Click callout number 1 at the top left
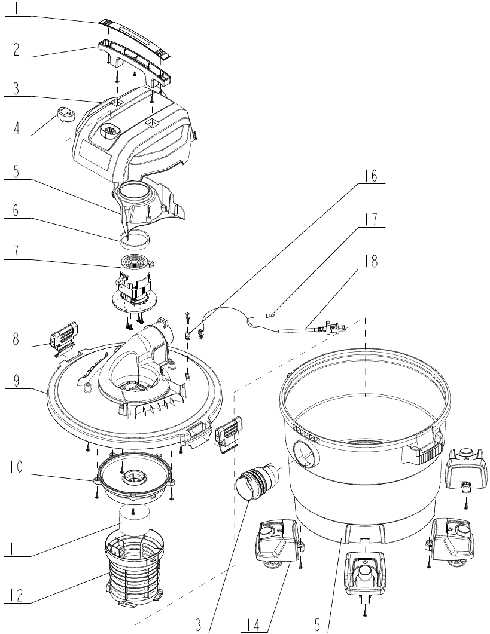[16, 9]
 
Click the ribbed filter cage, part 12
[135, 568]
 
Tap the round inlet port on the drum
[306, 454]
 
